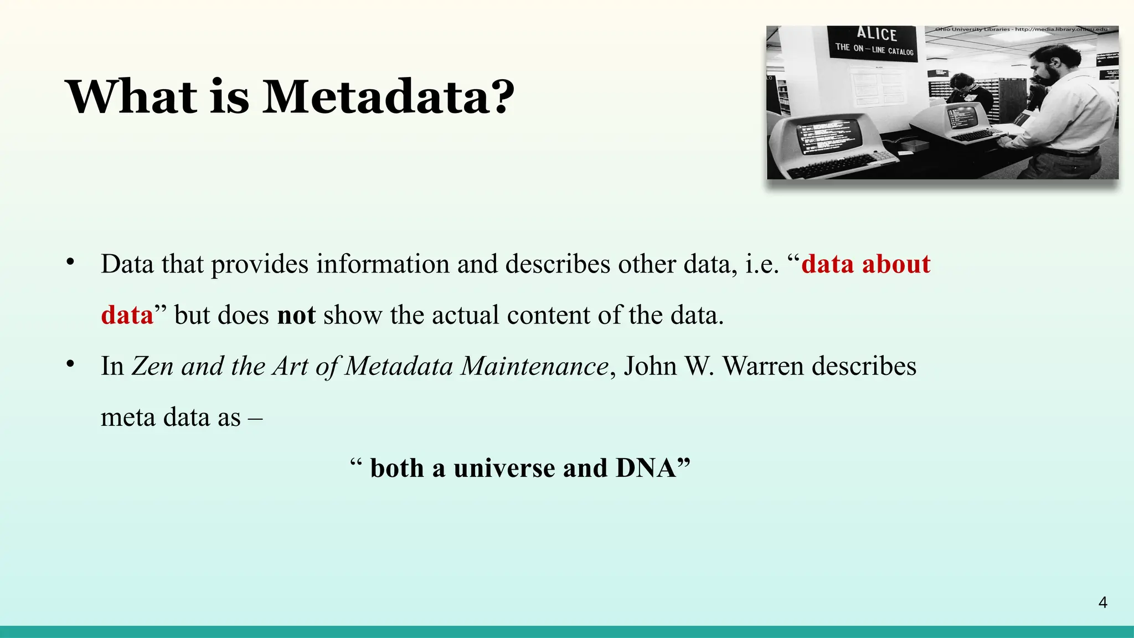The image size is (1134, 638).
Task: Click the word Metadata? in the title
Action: click(388, 97)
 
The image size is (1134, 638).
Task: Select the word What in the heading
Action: click(131, 97)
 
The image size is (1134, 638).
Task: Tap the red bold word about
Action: click(896, 264)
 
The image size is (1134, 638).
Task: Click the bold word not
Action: click(296, 315)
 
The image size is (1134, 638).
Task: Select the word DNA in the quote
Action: click(646, 468)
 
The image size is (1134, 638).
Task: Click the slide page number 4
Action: click(1102, 603)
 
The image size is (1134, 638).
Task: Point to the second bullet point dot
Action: click(70, 364)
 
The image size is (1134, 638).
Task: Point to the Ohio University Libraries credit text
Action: click(1022, 29)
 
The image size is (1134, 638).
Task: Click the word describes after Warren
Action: click(864, 366)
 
